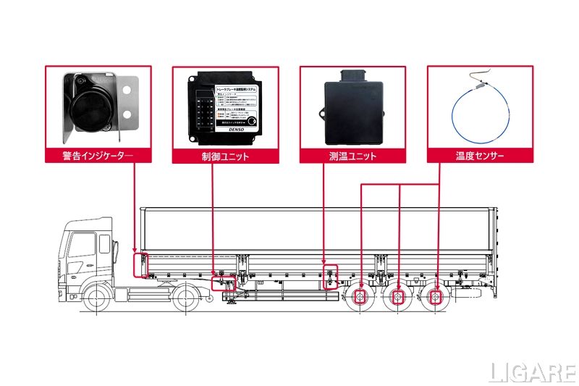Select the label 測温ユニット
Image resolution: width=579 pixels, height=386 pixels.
pos(352,156)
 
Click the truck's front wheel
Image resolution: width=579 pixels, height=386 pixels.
pos(97,297)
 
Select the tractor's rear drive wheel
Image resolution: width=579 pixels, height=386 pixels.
pos(186,297)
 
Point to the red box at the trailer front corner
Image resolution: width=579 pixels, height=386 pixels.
pos(140,264)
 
